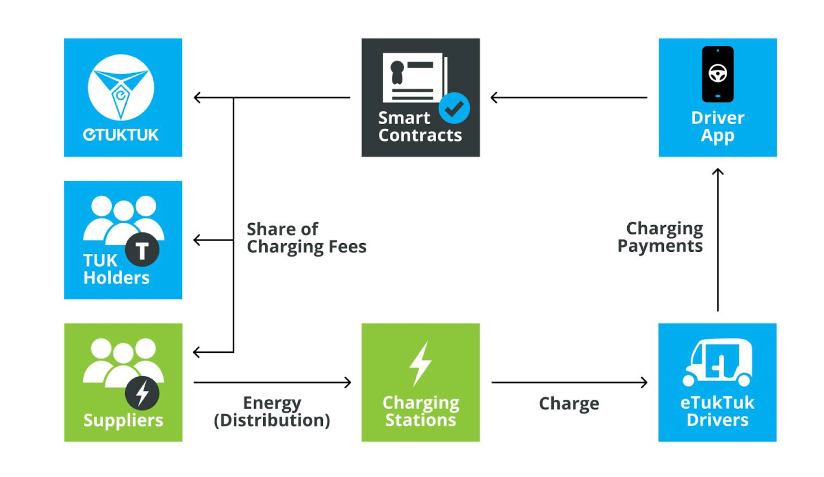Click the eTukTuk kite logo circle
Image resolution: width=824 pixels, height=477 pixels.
(121, 87)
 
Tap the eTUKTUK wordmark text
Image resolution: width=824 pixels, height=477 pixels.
(121, 135)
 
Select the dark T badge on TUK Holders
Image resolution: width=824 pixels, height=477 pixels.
(142, 250)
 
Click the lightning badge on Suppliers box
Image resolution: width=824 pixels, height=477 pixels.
(142, 393)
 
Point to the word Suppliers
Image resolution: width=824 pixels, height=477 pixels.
(123, 420)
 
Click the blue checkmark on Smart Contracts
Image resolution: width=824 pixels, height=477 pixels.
(454, 108)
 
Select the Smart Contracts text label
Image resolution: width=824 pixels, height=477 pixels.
(420, 126)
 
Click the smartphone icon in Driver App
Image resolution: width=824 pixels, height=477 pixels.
(717, 74)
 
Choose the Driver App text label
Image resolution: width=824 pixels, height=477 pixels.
(717, 126)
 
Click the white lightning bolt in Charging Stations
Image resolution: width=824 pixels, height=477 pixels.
(420, 363)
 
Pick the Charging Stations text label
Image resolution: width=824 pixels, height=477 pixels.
(420, 411)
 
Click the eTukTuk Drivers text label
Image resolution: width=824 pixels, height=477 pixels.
(717, 411)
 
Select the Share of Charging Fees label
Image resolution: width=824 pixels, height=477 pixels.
(306, 238)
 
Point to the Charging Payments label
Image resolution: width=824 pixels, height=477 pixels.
(660, 237)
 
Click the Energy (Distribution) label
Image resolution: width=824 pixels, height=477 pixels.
(272, 412)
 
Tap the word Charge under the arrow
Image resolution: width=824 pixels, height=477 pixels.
(569, 403)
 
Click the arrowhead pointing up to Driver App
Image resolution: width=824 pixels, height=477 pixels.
(717, 172)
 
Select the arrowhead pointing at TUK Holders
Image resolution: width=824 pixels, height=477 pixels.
(197, 240)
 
